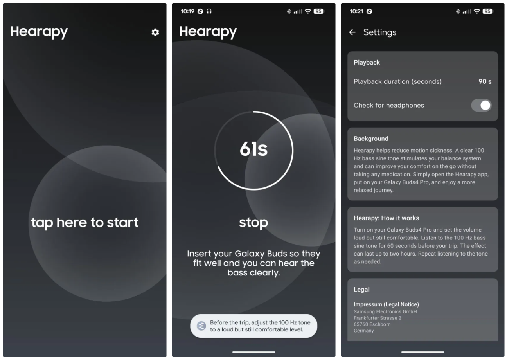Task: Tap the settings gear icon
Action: [155, 32]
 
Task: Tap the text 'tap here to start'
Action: [84, 223]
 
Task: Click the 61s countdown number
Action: [254, 149]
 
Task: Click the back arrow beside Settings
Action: [352, 32]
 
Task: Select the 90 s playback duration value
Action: [485, 81]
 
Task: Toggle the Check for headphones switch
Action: [481, 105]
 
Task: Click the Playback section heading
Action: [367, 63]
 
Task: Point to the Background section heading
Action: [371, 139]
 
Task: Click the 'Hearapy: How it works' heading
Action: [387, 218]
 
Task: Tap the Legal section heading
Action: [361, 290]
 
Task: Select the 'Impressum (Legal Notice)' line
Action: [387, 304]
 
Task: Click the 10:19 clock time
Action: [187, 11]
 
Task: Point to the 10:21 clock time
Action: [356, 11]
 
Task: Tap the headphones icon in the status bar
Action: [209, 11]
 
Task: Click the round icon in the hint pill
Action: [201, 326]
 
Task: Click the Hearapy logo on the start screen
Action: [39, 32]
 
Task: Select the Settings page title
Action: [380, 32]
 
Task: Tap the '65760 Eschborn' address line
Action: [372, 324]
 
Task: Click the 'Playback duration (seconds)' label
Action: [398, 82]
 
